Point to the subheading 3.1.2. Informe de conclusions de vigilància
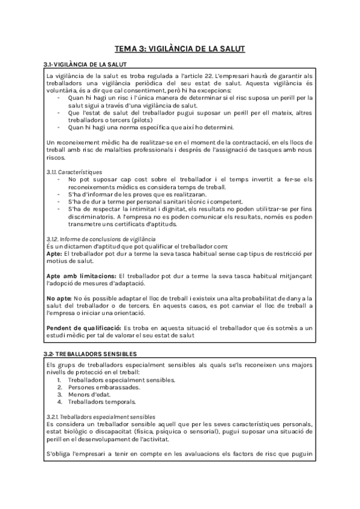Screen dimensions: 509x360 [97, 239]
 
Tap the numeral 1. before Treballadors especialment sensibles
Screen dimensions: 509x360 [59, 380]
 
